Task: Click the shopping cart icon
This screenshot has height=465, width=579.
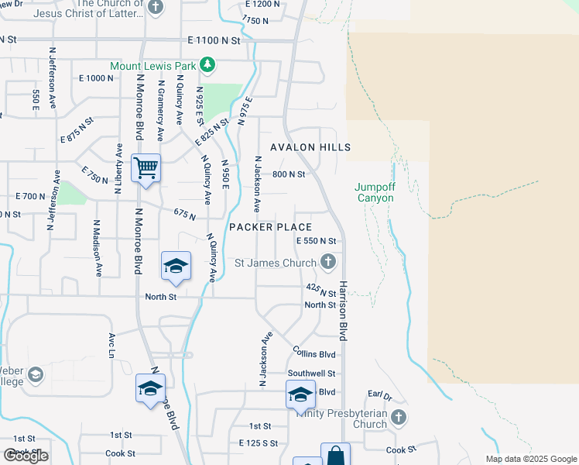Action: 146,168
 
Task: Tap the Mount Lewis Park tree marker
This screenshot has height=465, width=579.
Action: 207,64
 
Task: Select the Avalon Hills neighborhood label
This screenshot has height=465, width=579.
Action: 310,147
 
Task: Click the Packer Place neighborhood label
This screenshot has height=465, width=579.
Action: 271,227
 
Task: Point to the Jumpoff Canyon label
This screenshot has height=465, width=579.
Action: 375,192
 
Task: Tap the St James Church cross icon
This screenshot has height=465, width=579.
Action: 328,262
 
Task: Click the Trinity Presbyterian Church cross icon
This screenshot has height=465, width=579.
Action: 398,418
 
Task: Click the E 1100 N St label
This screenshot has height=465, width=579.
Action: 218,39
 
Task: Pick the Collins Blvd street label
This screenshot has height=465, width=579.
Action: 315,354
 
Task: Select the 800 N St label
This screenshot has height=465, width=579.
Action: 289,174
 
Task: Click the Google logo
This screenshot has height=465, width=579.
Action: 26,456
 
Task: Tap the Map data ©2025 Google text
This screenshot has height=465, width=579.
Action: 530,459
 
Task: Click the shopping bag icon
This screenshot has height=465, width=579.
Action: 335,455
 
